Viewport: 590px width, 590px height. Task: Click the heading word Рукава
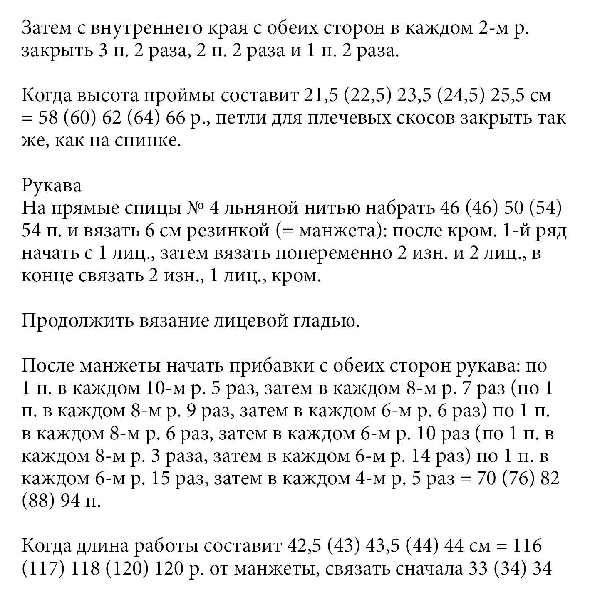(x=52, y=186)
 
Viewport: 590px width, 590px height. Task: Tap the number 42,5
(x=305, y=546)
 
